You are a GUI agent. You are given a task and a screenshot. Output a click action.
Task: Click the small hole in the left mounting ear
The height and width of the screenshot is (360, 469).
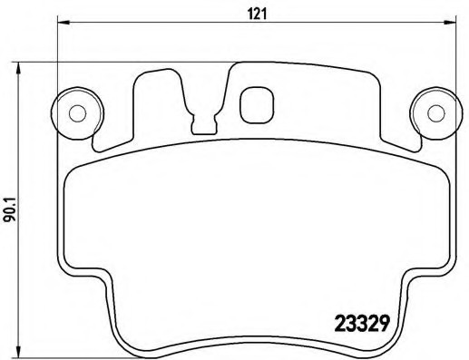(x=77, y=113)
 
